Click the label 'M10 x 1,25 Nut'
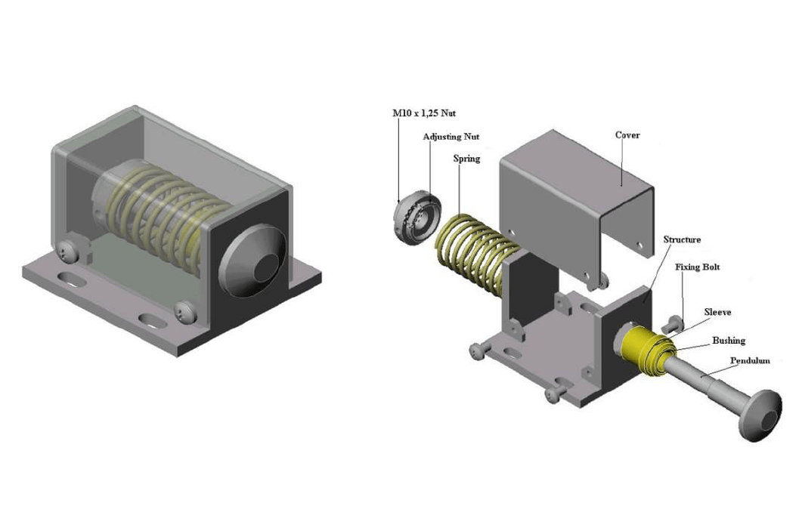[424, 113]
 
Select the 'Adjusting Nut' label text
[451, 137]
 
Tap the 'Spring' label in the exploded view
[466, 159]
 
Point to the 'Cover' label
[627, 135]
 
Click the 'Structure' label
[682, 239]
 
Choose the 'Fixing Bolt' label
[698, 267]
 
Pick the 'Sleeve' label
[717, 312]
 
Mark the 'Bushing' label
[729, 340]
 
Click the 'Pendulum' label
[750, 360]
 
